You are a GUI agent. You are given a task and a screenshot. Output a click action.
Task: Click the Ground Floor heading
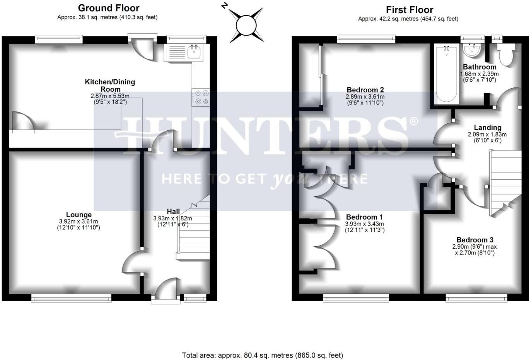108,8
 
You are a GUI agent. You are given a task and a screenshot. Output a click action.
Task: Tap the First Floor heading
409,10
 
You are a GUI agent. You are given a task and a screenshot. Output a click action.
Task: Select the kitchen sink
193,52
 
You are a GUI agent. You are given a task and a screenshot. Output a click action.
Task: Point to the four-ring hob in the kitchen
201,97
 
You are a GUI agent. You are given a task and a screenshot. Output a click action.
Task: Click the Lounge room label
79,215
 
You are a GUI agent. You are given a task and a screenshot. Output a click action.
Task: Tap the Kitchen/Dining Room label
110,85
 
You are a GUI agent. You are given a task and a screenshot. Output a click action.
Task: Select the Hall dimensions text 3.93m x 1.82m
173,218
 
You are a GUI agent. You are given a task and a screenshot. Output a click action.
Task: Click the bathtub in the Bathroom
446,73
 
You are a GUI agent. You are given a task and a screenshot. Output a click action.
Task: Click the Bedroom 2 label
365,90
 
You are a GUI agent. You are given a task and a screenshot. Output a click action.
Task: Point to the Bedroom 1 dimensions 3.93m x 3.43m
364,224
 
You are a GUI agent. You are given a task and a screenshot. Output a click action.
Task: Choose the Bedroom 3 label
474,240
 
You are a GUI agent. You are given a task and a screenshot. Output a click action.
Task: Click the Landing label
487,127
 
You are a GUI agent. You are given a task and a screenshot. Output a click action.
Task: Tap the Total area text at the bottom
262,355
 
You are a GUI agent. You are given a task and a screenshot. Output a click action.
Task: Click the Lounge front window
71,298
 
